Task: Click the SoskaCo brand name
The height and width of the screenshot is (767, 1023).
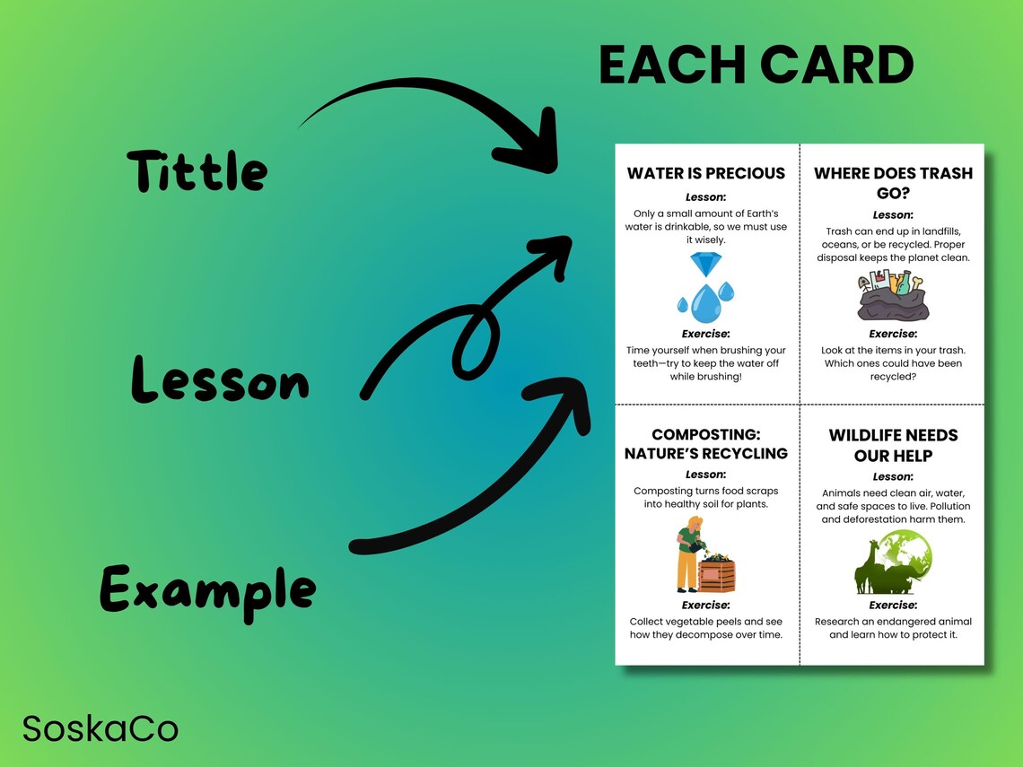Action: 101,728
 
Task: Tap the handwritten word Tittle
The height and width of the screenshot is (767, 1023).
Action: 197,170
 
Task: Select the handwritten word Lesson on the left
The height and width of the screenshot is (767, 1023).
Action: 220,380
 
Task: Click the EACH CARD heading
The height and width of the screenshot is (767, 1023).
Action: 756,65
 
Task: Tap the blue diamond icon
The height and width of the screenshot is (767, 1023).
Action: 705,265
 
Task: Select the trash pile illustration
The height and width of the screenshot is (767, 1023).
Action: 892,297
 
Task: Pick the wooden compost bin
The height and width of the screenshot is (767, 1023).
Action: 717,573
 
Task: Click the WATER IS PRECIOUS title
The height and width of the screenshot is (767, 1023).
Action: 705,173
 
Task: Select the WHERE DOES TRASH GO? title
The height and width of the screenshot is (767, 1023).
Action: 893,183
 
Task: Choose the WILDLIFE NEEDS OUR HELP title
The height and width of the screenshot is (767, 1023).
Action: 893,445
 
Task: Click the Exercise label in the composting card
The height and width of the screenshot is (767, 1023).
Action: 705,606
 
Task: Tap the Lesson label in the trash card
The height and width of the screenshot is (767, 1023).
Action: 893,215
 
